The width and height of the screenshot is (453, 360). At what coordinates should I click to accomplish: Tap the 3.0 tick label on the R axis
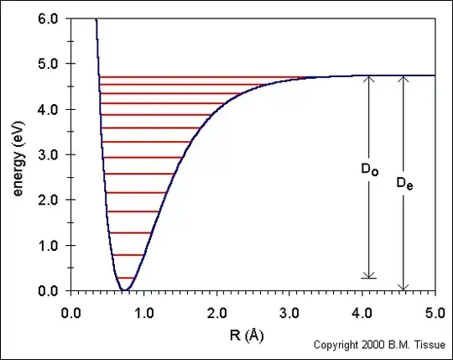coord(289,307)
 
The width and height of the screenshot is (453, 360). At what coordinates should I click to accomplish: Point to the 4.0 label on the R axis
coord(362,307)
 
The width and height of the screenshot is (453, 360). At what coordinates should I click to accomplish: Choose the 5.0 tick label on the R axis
coord(435,307)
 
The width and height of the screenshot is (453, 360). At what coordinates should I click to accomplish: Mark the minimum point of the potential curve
coord(124,290)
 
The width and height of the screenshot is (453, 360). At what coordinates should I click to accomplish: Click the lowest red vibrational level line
coord(125,278)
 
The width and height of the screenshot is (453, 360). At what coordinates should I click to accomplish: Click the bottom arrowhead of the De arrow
coord(404,286)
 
